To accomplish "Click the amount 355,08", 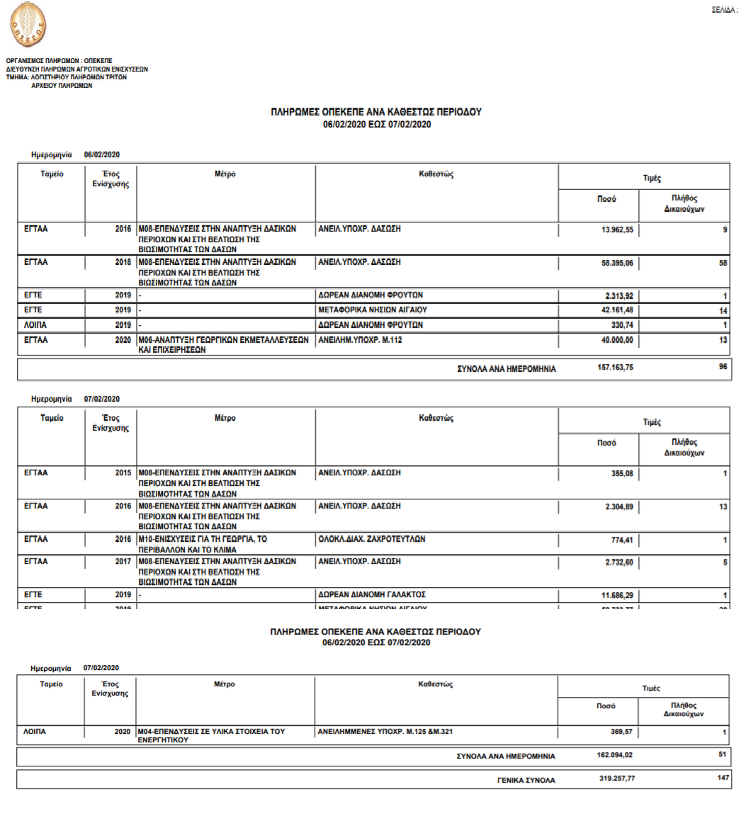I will coord(621,473).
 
